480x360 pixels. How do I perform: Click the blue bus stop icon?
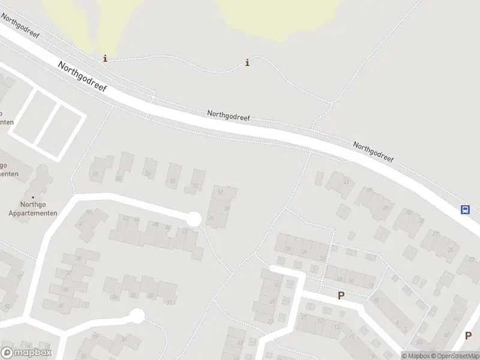pyautogui.click(x=465, y=209)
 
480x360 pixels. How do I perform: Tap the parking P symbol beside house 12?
pyautogui.click(x=341, y=295)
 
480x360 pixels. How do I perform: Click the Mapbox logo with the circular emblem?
pyautogui.click(x=26, y=353)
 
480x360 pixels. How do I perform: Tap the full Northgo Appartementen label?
pyautogui.click(x=33, y=208)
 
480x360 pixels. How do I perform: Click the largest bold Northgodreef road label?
pyautogui.click(x=83, y=76)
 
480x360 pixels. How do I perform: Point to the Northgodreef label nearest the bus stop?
pyautogui.click(x=373, y=152)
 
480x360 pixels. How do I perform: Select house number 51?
pyautogui.click(x=220, y=192)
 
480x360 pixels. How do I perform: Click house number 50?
pyautogui.click(x=226, y=208)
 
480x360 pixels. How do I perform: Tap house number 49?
pyautogui.click(x=211, y=218)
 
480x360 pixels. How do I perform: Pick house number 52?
pyautogui.click(x=196, y=186)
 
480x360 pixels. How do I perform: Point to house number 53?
pyautogui.click(x=173, y=181)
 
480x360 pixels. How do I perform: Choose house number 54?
pyautogui.click(x=148, y=174)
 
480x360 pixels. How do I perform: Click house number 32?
pyautogui.click(x=151, y=295)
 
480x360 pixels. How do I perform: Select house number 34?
pyautogui.click(x=115, y=296)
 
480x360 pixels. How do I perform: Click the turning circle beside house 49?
pyautogui.click(x=193, y=220)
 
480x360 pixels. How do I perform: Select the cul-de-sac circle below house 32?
pyautogui.click(x=137, y=316)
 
